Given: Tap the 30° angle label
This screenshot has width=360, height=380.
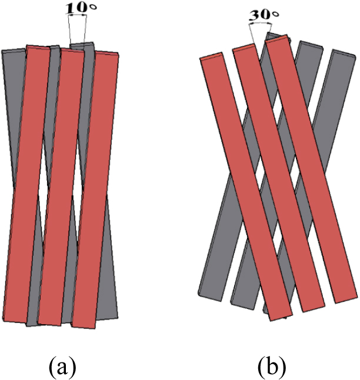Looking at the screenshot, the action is click(x=264, y=15).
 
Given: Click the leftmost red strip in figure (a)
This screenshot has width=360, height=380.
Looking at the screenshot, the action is click(x=27, y=184).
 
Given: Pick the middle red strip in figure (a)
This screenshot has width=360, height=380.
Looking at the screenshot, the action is click(x=61, y=186).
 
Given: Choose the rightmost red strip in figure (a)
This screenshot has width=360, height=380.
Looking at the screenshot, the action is click(x=96, y=190).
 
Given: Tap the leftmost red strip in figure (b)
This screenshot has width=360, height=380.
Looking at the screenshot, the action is click(x=245, y=186).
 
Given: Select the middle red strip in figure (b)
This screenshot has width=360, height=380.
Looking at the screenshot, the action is click(x=279, y=178).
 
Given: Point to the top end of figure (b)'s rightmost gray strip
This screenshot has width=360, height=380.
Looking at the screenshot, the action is click(x=344, y=54).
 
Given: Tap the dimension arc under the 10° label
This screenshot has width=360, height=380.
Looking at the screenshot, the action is click(x=77, y=15).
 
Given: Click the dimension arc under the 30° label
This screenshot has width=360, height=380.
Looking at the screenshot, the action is click(x=261, y=23).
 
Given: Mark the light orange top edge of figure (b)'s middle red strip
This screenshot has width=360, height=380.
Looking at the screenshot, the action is click(x=243, y=47).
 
